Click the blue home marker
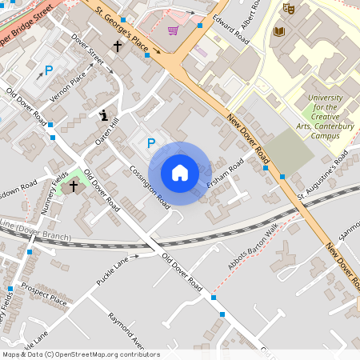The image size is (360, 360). (x=180, y=173)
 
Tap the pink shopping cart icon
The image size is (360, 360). (x=173, y=30)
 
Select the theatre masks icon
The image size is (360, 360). (x=288, y=8)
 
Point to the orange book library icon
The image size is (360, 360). (x=278, y=32)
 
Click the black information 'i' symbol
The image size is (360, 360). (x=103, y=115)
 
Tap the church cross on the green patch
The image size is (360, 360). (x=74, y=186)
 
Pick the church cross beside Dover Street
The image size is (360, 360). (x=118, y=46)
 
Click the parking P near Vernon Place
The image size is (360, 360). (x=48, y=70)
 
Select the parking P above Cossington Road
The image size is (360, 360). (x=150, y=144)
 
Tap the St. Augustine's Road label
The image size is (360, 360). (x=326, y=183)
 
